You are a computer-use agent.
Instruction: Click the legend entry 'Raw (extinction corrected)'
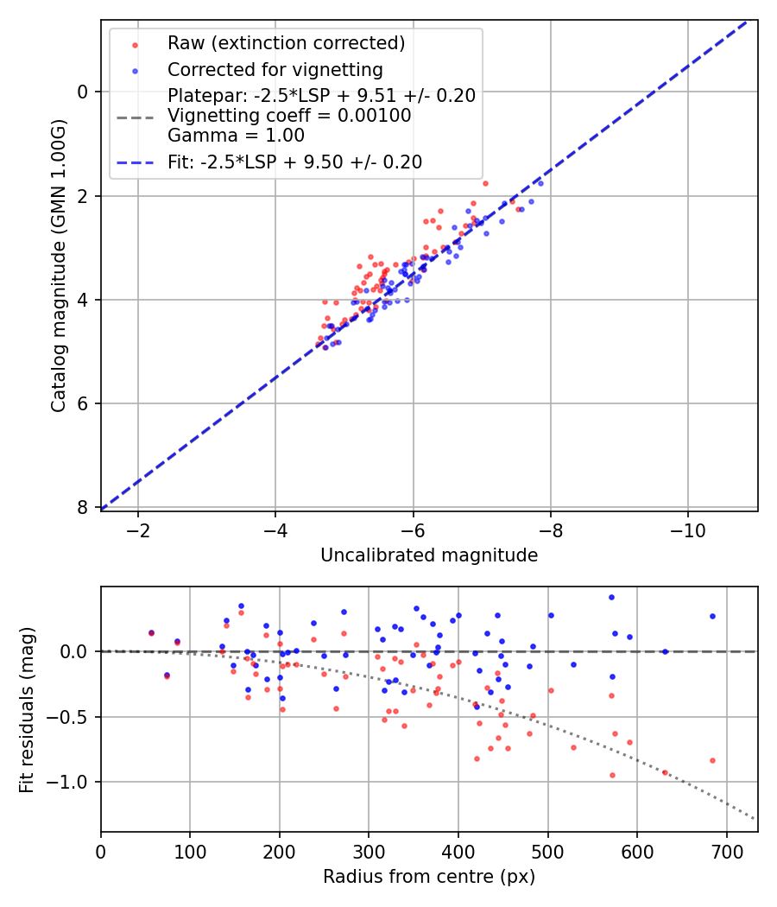pyautogui.click(x=286, y=42)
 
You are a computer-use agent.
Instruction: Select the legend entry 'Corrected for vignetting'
pyautogui.click(x=275, y=69)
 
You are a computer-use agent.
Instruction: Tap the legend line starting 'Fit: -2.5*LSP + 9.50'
pyautogui.click(x=294, y=162)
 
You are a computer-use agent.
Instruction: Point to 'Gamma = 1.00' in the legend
pyautogui.click(x=236, y=135)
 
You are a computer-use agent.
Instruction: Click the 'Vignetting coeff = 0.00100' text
pyautogui.click(x=289, y=116)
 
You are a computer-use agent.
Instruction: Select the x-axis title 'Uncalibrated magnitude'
pyautogui.click(x=429, y=555)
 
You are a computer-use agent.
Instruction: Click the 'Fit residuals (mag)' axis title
pyautogui.click(x=27, y=709)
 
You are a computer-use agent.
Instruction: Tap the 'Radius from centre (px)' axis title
pyautogui.click(x=429, y=877)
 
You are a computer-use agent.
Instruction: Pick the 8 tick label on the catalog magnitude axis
pyautogui.click(x=83, y=507)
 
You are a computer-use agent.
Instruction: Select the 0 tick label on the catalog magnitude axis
pyautogui.click(x=83, y=92)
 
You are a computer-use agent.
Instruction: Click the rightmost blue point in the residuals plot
pyautogui.click(x=712, y=616)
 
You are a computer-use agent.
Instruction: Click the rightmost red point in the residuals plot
pyautogui.click(x=712, y=760)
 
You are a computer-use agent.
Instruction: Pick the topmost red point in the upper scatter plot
pyautogui.click(x=485, y=183)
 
